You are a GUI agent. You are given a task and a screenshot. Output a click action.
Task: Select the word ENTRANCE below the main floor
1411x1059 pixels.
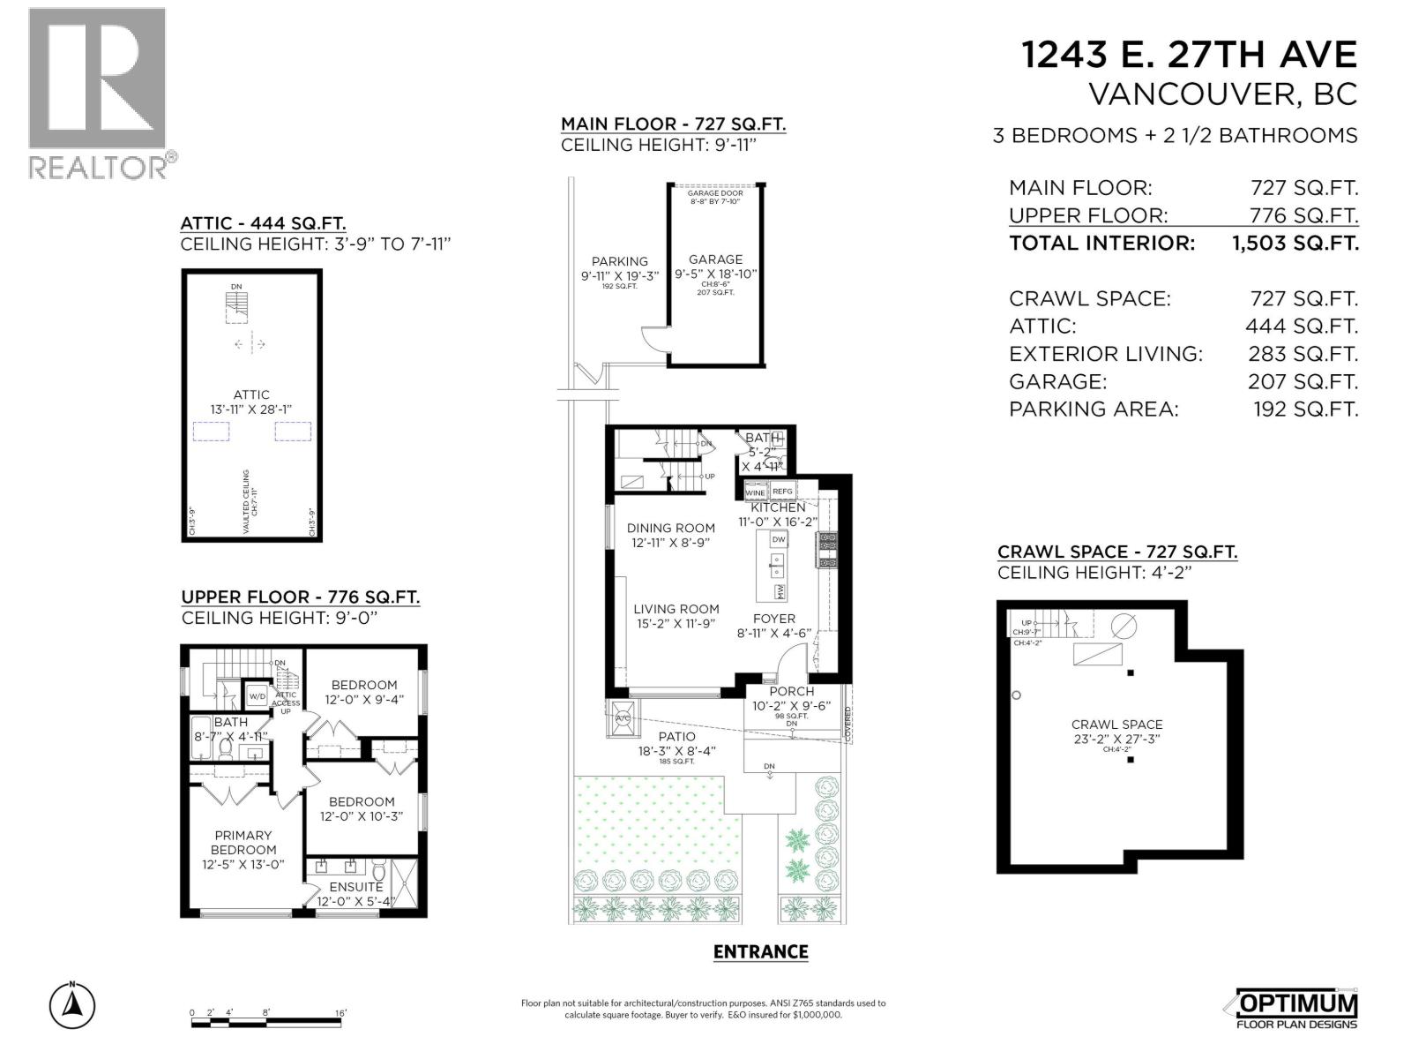coord(760,951)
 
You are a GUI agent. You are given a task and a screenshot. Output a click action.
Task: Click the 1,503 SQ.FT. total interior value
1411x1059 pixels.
coord(1295,244)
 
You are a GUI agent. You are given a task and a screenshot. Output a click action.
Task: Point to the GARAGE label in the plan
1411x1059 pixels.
coord(715,259)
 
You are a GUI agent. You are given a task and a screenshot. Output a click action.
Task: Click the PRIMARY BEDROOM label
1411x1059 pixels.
coord(243,842)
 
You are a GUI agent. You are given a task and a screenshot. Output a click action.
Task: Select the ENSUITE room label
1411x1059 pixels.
coord(356,887)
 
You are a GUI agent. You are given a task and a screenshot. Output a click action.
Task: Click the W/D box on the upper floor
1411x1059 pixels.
coord(257,696)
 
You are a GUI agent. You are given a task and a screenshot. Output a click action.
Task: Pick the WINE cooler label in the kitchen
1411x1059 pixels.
coord(755,492)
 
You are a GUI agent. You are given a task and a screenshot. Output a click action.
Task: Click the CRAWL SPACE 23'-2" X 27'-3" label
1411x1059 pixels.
coord(1117,731)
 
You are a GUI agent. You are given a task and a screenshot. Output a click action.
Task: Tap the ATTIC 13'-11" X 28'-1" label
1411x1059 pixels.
coord(251,402)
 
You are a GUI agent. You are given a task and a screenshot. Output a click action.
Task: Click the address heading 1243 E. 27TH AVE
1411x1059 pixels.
coord(1189,55)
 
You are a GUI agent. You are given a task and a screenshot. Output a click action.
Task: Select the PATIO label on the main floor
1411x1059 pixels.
coord(677,736)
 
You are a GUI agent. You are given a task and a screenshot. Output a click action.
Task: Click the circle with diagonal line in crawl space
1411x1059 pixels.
coord(1124,626)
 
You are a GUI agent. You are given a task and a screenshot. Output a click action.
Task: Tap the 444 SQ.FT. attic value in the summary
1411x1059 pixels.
coord(1302,327)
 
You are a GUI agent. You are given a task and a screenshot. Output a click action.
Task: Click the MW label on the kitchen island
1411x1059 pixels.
coord(780,590)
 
